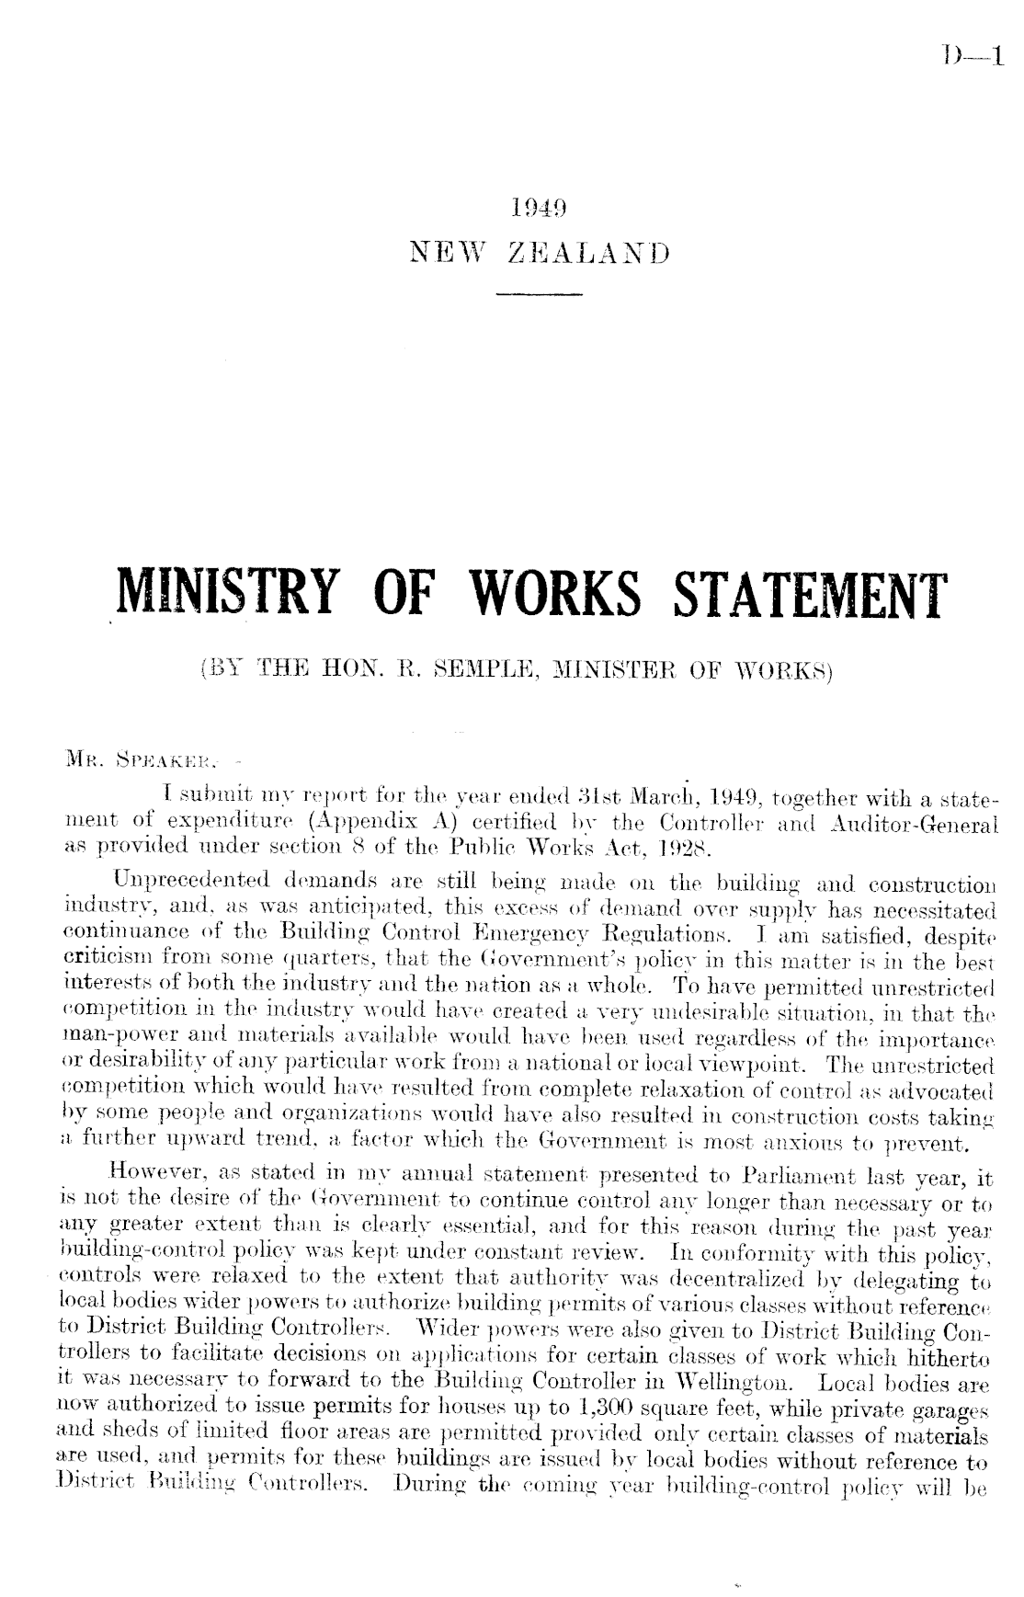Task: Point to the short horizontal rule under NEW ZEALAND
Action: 539,294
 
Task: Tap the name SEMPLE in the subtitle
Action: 490,670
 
